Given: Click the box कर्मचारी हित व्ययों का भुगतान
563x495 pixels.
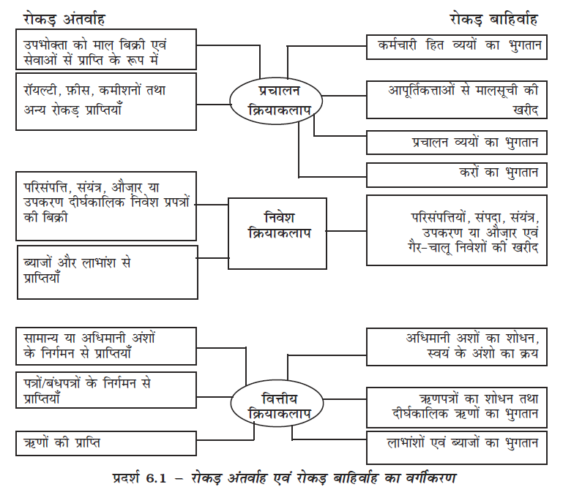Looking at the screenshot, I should pyautogui.click(x=455, y=46).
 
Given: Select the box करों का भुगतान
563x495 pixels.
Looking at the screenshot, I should pyautogui.click(x=455, y=174).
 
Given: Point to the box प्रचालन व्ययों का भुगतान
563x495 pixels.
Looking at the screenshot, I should pyautogui.click(x=455, y=143).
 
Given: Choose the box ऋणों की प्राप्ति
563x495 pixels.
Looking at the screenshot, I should pyautogui.click(x=105, y=443).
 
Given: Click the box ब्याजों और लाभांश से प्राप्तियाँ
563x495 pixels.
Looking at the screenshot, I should pyautogui.click(x=107, y=270).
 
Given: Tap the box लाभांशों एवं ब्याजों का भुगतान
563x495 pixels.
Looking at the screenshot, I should pyautogui.click(x=455, y=442).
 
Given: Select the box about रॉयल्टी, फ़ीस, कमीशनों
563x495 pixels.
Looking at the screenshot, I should pyautogui.click(x=105, y=100).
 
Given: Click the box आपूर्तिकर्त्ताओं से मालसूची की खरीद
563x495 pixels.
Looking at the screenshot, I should pyautogui.click(x=455, y=99).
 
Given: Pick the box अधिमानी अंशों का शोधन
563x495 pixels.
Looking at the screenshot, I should pyautogui.click(x=455, y=347).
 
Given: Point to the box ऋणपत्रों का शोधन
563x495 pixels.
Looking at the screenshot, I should pyautogui.click(x=455, y=407).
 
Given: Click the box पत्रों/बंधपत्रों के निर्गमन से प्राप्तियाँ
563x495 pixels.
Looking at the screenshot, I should pyautogui.click(x=105, y=390).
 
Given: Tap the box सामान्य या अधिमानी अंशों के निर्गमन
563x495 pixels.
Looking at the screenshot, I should pyautogui.click(x=105, y=346).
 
